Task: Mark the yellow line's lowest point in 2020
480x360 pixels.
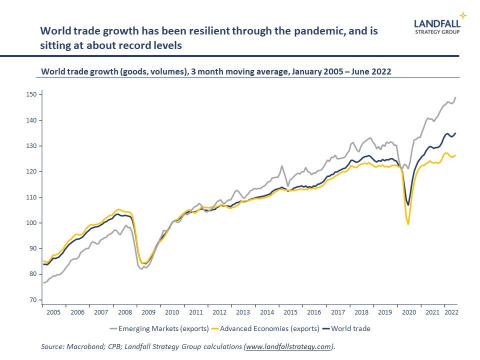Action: coord(408,224)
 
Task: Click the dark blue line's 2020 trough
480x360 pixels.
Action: coord(408,205)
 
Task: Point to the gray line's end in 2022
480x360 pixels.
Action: coord(456,97)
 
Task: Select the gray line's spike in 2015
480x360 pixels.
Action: coord(282,166)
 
